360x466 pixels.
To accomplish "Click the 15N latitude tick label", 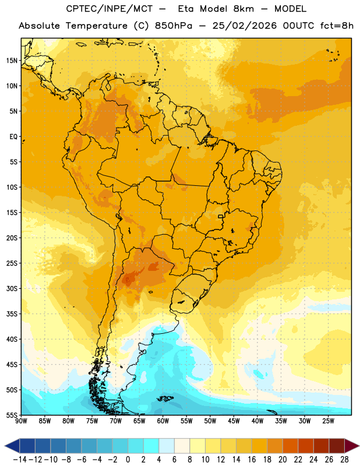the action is pos(12,61).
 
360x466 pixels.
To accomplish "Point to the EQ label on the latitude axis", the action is pos(13,137).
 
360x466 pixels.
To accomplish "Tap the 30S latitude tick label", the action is pos(12,288).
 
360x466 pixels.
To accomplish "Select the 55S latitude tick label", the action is pos(12,415).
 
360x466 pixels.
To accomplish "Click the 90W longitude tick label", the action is pos(22,421).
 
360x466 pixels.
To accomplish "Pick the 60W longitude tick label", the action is pos(163,421).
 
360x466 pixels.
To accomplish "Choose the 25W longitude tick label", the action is pos(328,421).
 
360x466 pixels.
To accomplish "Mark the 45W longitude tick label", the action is pos(234,421).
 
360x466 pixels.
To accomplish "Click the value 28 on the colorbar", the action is pos(344,460).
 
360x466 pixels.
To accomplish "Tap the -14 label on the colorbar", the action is pos(20,460).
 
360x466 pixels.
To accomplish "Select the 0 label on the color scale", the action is pos(128,460).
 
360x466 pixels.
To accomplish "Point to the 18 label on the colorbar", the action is pos(267,460).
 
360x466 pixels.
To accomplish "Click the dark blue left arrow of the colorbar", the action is pos(12,446).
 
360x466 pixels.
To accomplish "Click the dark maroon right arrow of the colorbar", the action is pos(352,446).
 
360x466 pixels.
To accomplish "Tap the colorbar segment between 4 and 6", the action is pos(167,446).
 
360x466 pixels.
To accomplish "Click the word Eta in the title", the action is pos(185,9).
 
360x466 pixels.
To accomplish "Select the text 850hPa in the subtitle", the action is pos(174,26).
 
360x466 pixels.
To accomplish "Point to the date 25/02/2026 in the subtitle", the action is pos(244,26).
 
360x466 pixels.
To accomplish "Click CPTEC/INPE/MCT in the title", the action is pos(109,9).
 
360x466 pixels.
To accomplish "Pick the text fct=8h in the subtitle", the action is pos(337,26).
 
